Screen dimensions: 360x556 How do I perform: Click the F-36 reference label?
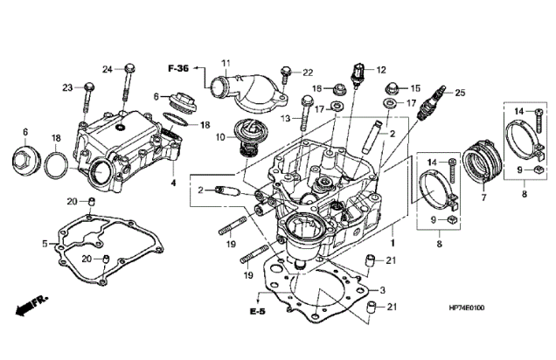tap(179, 66)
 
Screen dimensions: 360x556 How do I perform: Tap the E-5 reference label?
tap(256, 311)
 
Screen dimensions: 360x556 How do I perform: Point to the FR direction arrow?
tap(31, 305)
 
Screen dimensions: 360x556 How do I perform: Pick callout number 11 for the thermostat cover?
tap(225, 62)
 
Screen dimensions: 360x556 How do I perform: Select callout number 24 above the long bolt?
tap(108, 68)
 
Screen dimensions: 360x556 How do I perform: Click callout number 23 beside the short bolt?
tap(66, 87)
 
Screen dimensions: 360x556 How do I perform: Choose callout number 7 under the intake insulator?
tap(483, 199)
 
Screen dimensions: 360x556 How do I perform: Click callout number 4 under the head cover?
tap(173, 183)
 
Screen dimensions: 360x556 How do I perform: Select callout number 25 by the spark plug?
tap(462, 93)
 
